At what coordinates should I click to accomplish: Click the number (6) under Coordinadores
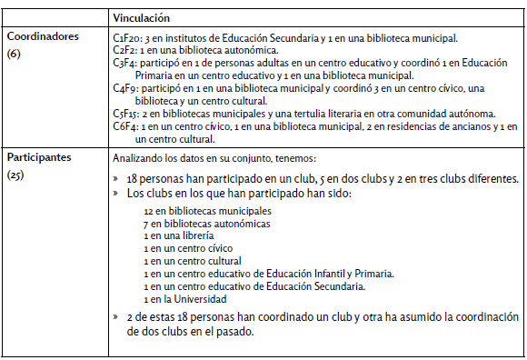point(14,55)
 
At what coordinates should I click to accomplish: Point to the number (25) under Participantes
point(16,174)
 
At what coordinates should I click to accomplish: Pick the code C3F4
point(124,63)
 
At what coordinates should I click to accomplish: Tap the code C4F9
point(124,88)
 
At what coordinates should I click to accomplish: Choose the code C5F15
point(125,114)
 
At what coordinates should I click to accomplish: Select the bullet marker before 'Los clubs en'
point(116,194)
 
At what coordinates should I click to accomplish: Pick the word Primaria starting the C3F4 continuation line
point(157,75)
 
